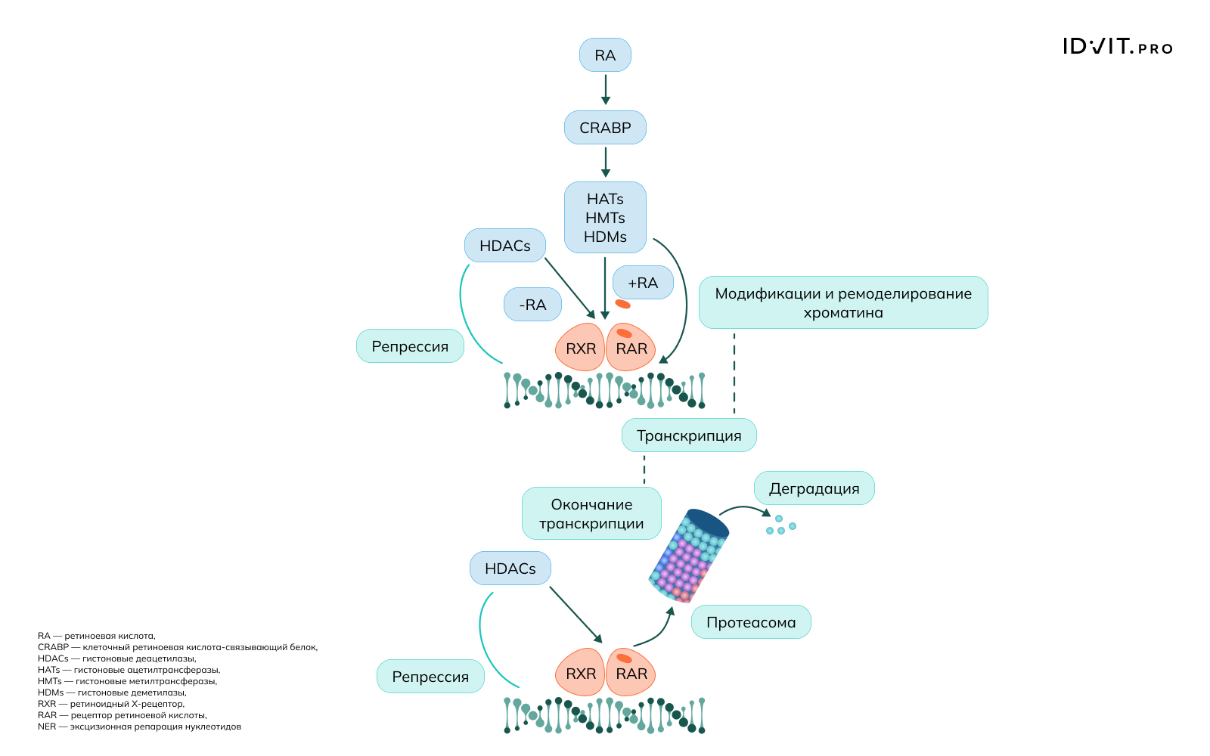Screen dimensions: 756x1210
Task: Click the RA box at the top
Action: point(605,55)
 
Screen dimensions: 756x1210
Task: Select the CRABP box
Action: point(605,128)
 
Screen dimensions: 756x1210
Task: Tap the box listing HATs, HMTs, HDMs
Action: point(605,218)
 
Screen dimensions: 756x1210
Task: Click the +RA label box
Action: point(643,283)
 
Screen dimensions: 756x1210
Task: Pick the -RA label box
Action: point(532,305)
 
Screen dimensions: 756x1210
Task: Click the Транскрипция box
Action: point(689,435)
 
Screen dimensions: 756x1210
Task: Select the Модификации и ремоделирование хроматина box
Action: point(843,302)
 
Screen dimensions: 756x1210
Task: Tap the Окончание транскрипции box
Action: point(591,513)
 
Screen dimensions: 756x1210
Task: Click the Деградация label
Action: point(814,488)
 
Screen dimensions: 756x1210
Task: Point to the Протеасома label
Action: point(751,622)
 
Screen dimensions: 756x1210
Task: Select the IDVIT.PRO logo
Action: point(1117,47)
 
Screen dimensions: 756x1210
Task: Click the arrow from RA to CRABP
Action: point(605,89)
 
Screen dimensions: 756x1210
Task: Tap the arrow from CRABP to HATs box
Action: point(605,162)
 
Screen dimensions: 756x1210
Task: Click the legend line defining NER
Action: point(139,727)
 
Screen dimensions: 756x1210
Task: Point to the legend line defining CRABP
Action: point(178,647)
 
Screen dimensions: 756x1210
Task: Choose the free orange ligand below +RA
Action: point(622,304)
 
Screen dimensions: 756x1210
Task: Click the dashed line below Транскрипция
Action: point(644,469)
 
